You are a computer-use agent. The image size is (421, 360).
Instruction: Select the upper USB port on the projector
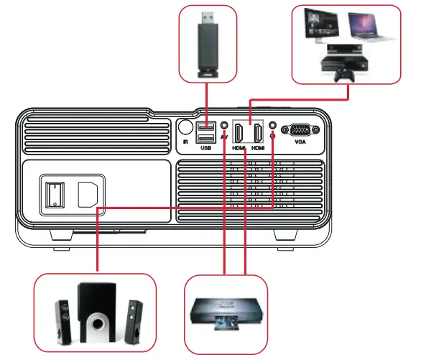[x=205, y=127]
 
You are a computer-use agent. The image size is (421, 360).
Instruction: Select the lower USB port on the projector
[x=205, y=138]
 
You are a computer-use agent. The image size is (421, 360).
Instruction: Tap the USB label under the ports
[x=205, y=148]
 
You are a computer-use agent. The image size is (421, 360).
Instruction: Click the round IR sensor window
[x=185, y=126]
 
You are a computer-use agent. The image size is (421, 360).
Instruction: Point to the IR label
[x=185, y=142]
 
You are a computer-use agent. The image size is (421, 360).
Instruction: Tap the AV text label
[x=225, y=137]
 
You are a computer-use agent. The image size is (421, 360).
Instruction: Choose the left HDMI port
[x=239, y=133]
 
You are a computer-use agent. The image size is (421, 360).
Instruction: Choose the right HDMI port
[x=256, y=133]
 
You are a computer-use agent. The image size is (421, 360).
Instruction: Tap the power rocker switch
[x=52, y=194]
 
